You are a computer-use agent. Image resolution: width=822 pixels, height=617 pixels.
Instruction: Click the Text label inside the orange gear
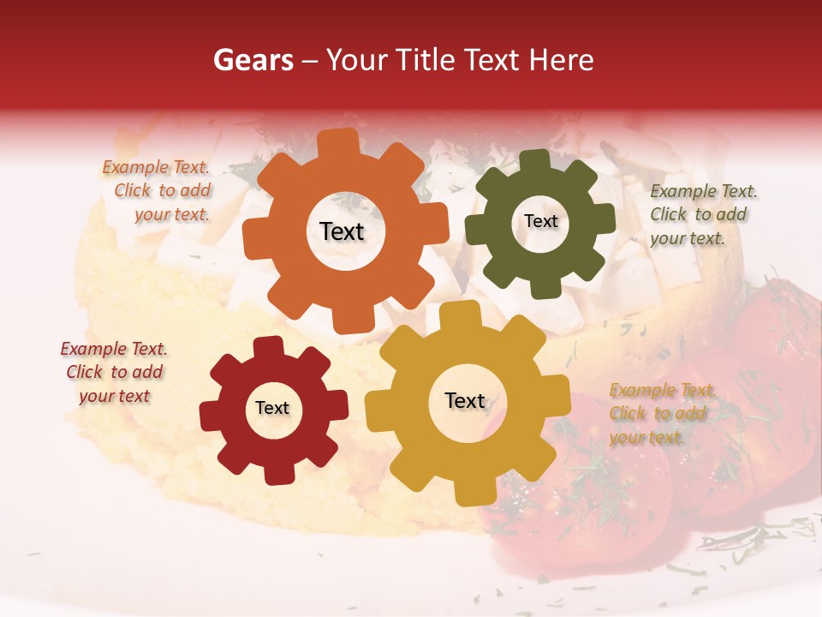(x=342, y=231)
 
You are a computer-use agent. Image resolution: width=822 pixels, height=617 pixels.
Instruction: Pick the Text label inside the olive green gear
(x=540, y=221)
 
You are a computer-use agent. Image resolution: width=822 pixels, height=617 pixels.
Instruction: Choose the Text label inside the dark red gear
(x=272, y=408)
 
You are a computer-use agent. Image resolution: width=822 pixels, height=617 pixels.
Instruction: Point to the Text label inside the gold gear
(x=465, y=400)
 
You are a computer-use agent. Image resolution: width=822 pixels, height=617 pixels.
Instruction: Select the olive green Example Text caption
(x=701, y=214)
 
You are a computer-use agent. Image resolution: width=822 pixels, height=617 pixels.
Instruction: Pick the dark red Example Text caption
(x=114, y=372)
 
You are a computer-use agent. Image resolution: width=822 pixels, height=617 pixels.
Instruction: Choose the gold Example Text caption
(x=660, y=413)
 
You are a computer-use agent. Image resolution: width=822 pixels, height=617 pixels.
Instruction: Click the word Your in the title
(x=354, y=60)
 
